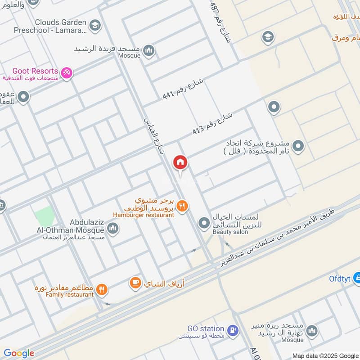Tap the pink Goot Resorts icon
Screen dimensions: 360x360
67,72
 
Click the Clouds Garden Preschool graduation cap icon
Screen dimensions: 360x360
94,25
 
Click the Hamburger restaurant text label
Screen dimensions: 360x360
143,215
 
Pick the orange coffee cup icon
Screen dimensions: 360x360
135,283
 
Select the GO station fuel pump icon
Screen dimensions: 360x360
232,331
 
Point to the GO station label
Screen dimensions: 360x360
206,329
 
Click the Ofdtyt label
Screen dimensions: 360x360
340,278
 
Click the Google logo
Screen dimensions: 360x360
19,353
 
